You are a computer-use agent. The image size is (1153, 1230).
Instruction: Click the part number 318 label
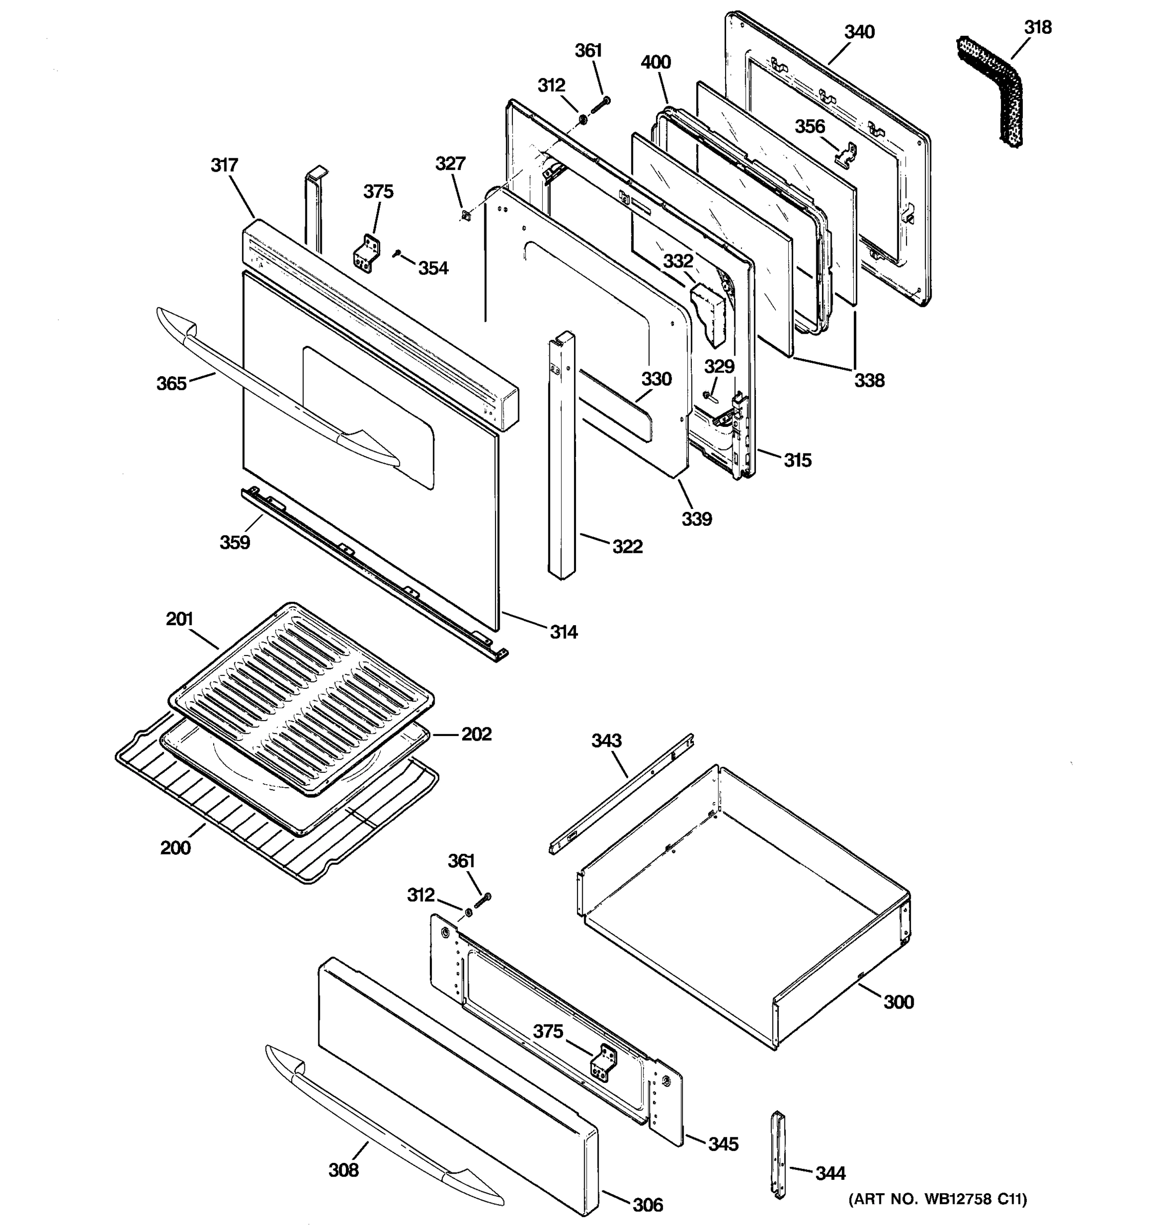pyautogui.click(x=1037, y=27)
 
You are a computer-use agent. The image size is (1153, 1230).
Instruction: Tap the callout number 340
pyautogui.click(x=859, y=32)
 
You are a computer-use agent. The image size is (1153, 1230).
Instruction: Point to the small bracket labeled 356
pyautogui.click(x=846, y=155)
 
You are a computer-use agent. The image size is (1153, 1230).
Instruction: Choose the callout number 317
pyautogui.click(x=224, y=165)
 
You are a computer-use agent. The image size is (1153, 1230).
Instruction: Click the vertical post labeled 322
pyautogui.click(x=561, y=458)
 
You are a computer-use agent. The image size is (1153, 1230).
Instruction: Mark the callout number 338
pyautogui.click(x=869, y=380)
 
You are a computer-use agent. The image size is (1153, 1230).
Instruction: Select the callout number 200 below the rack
pyautogui.click(x=175, y=848)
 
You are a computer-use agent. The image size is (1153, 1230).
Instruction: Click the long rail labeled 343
pyautogui.click(x=622, y=794)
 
